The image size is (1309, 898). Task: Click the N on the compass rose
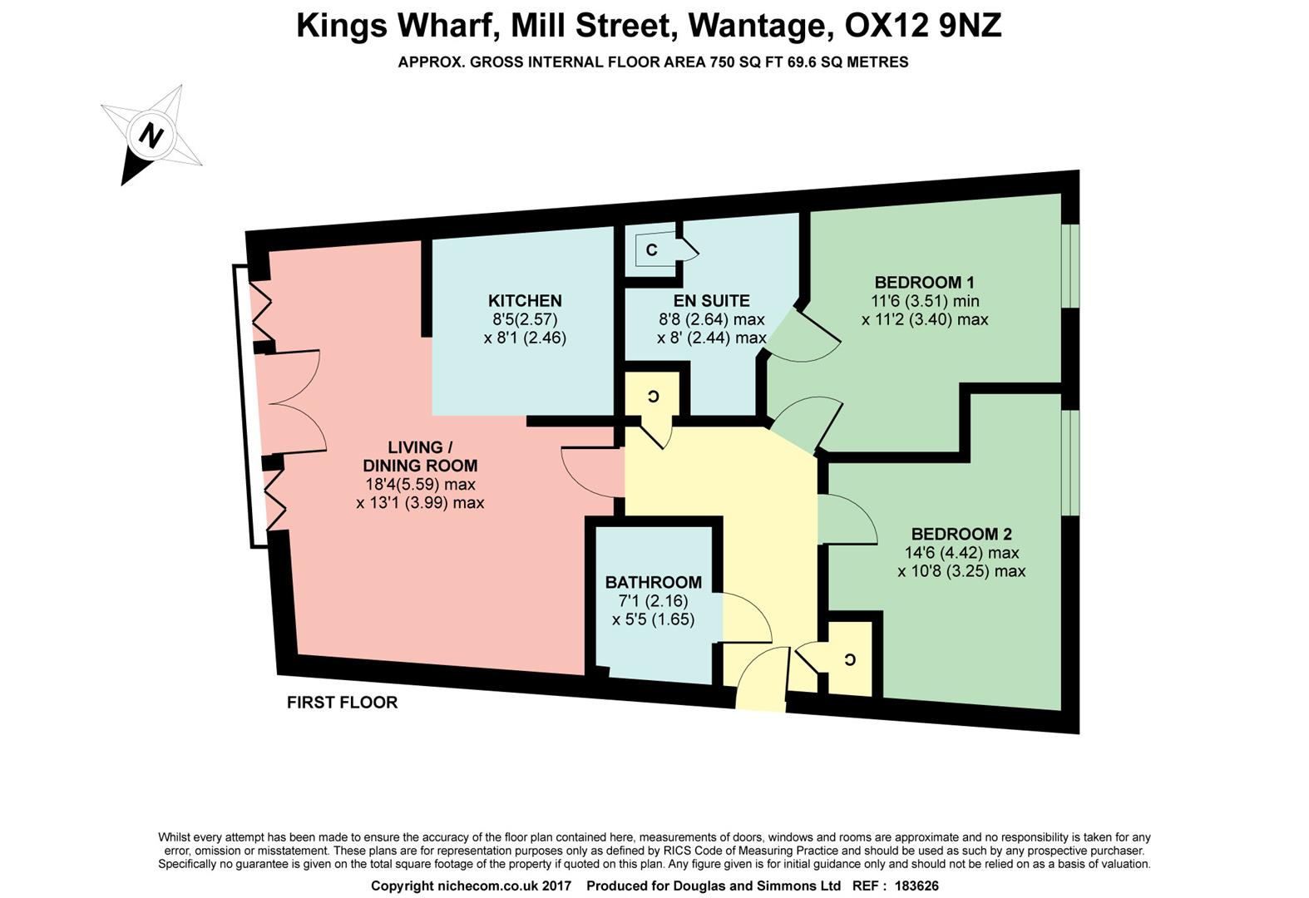click(151, 135)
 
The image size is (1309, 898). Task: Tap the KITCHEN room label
click(525, 301)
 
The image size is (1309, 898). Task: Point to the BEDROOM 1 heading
click(924, 282)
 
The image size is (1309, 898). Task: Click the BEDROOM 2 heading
click(961, 534)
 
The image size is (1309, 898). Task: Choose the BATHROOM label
click(653, 582)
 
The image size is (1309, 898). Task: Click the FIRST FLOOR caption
click(342, 703)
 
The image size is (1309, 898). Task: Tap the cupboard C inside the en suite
click(652, 249)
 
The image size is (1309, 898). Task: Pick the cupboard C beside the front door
click(849, 659)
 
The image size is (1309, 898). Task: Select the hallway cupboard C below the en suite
click(654, 397)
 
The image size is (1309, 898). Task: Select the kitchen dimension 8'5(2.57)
click(525, 319)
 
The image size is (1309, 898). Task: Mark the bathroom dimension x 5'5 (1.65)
click(653, 619)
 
